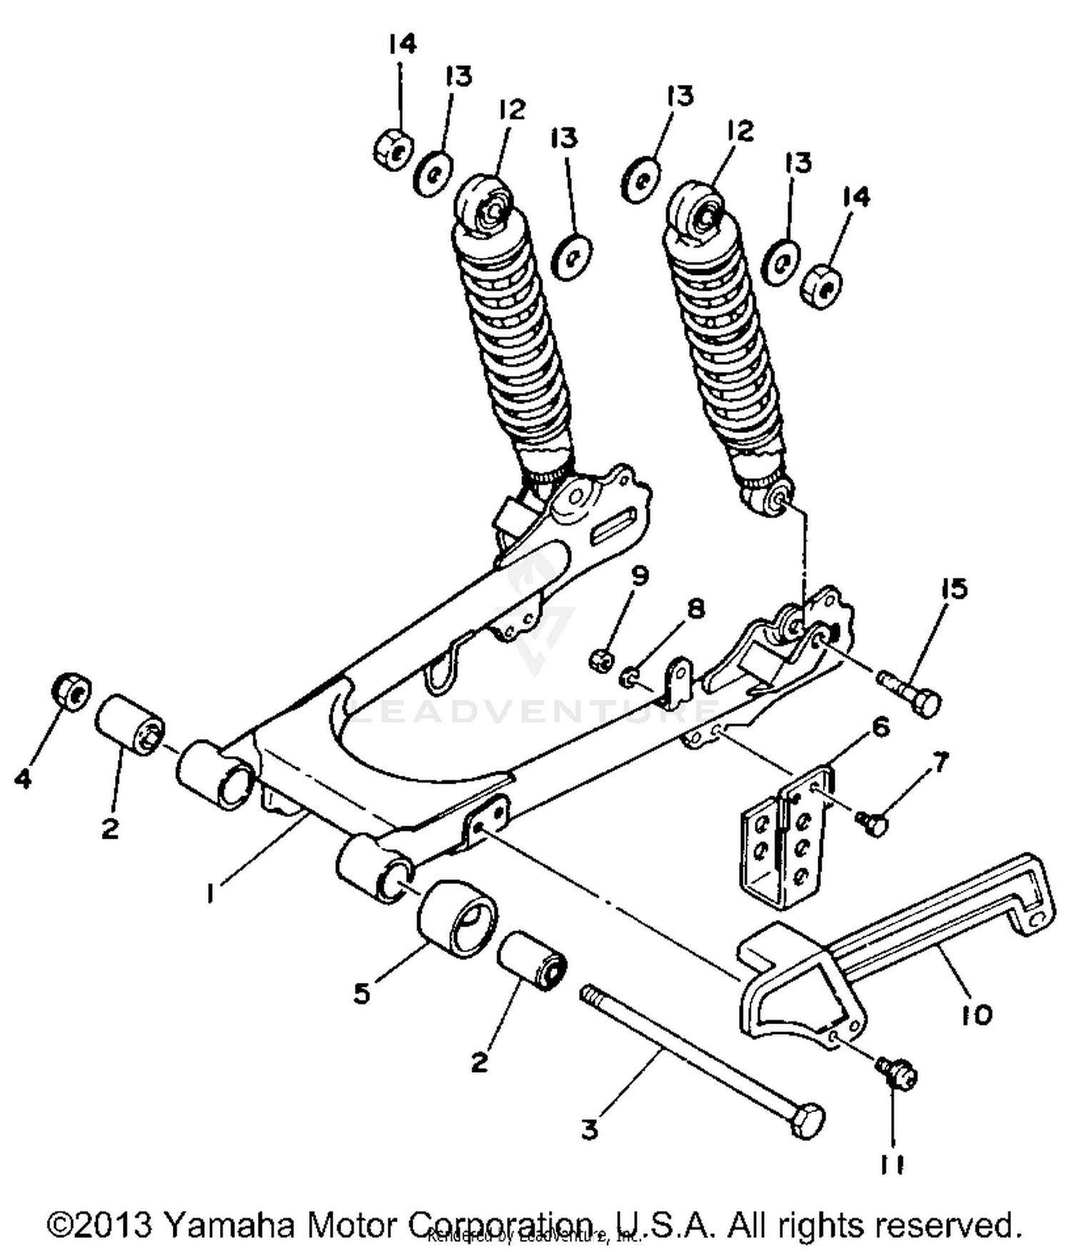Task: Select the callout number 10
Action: click(976, 1014)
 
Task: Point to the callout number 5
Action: click(363, 993)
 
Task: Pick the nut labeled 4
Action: click(71, 689)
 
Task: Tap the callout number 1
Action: click(211, 893)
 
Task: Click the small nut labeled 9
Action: click(600, 660)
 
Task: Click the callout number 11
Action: click(892, 1166)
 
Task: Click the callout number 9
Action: click(640, 576)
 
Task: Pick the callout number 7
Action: click(941, 763)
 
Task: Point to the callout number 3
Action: click(589, 1130)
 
